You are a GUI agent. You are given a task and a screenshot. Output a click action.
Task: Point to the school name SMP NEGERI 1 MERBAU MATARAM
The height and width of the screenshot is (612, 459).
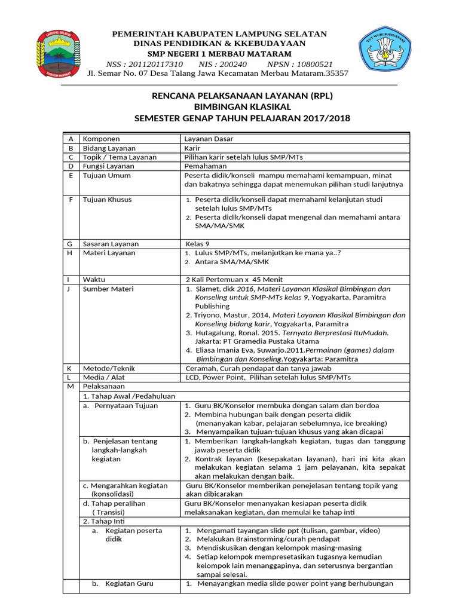219,54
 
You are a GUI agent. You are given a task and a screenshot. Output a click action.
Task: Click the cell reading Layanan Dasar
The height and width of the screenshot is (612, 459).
209,139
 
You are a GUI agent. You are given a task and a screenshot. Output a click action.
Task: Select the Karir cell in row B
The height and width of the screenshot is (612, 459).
192,148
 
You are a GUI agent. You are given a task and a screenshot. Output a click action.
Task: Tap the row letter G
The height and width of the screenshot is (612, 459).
70,244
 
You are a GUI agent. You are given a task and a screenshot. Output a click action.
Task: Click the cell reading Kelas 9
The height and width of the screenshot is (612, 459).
198,244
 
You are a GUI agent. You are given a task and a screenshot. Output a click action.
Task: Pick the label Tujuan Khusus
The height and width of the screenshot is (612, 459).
107,199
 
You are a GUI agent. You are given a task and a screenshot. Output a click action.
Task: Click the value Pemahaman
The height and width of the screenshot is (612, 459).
206,166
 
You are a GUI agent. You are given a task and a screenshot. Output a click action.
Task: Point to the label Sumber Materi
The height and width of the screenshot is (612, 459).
108,289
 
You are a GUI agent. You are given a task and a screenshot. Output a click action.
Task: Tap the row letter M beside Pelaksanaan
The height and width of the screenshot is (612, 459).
71,387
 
